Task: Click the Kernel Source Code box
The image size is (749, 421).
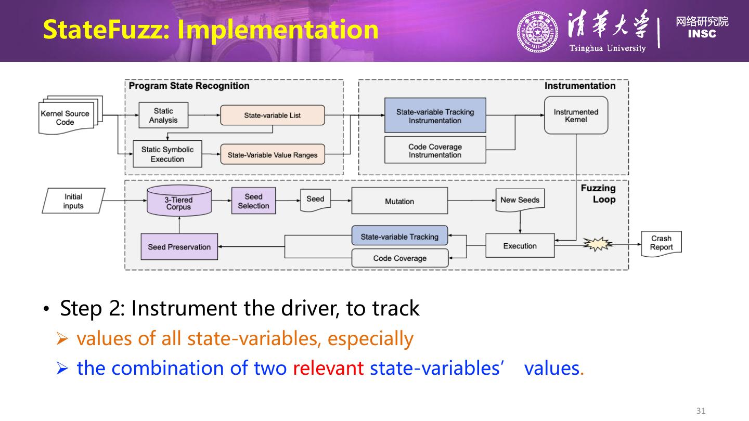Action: (x=66, y=118)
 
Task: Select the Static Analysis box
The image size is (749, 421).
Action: (x=163, y=115)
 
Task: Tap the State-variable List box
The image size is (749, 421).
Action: (x=272, y=115)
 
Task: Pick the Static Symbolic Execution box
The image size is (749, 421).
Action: (x=167, y=154)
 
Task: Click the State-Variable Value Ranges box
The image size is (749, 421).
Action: (x=272, y=155)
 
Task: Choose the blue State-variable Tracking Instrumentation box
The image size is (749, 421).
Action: (x=435, y=116)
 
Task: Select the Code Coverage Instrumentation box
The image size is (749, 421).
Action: (x=435, y=151)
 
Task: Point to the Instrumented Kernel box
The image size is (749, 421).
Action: (x=576, y=115)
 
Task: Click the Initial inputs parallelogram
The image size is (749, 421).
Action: (x=73, y=201)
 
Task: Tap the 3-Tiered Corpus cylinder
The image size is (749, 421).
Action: (x=178, y=201)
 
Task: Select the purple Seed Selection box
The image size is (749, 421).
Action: (x=253, y=201)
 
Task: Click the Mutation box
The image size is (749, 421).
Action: (x=399, y=201)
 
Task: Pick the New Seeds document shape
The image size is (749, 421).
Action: (x=520, y=200)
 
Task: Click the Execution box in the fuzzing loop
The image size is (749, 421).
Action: (x=520, y=246)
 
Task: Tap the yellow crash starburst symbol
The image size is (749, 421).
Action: (x=597, y=244)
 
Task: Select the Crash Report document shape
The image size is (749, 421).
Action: (x=661, y=243)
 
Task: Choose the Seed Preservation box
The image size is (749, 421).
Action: (x=179, y=247)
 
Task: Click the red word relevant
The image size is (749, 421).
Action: (x=328, y=368)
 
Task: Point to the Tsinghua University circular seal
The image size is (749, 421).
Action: (x=536, y=32)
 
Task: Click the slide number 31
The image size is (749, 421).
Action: (x=701, y=411)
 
